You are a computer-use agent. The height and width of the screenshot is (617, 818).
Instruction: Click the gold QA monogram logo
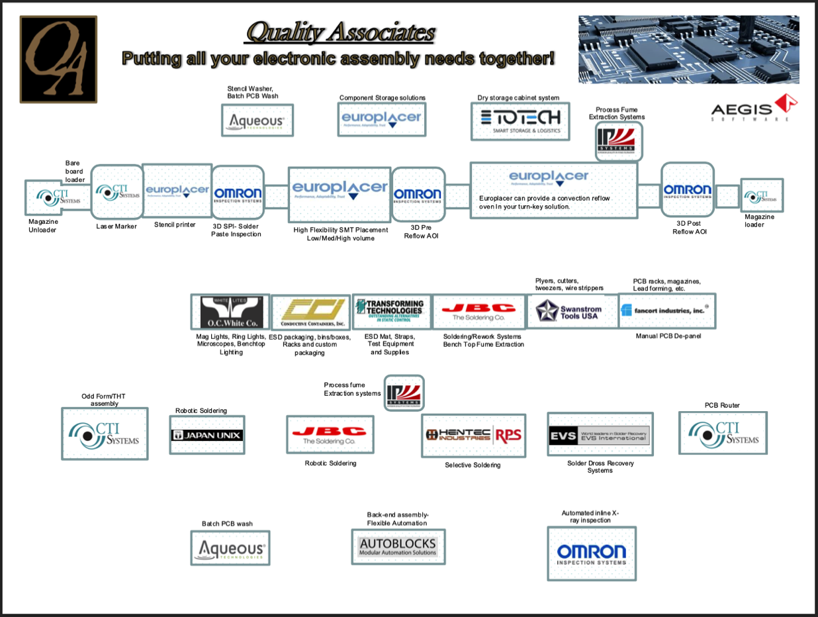pyautogui.click(x=58, y=59)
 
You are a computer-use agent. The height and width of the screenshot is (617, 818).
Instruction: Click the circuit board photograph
pyautogui.click(x=688, y=50)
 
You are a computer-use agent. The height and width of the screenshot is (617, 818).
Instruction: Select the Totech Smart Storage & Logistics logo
pyautogui.click(x=520, y=120)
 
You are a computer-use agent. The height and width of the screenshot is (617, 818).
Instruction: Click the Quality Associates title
pyautogui.click(x=340, y=32)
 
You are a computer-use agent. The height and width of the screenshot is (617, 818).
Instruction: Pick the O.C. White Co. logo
pyautogui.click(x=231, y=312)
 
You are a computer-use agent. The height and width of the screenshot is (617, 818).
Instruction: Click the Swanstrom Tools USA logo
pyautogui.click(x=571, y=310)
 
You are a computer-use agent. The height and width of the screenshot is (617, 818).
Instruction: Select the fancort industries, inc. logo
pyautogui.click(x=666, y=310)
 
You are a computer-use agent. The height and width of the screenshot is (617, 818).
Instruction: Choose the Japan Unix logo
pyautogui.click(x=207, y=435)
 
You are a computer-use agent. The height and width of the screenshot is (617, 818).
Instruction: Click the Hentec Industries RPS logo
pyautogui.click(x=474, y=435)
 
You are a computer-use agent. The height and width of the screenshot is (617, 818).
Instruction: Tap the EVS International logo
pyautogui.click(x=600, y=435)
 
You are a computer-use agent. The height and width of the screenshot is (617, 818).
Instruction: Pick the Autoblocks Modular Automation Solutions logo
pyautogui.click(x=398, y=547)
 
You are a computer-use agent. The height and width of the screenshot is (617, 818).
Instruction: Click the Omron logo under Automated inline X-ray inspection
pyautogui.click(x=591, y=553)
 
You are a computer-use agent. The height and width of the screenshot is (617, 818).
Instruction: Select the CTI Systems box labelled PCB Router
pyautogui.click(x=723, y=434)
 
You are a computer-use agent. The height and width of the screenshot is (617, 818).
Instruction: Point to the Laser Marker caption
pyautogui.click(x=116, y=226)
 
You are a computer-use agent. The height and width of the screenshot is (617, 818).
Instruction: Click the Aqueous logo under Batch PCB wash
pyautogui.click(x=230, y=548)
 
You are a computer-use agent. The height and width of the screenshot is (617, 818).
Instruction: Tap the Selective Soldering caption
pyautogui.click(x=473, y=465)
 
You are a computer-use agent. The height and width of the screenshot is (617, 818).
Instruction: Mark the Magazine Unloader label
pyautogui.click(x=43, y=226)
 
